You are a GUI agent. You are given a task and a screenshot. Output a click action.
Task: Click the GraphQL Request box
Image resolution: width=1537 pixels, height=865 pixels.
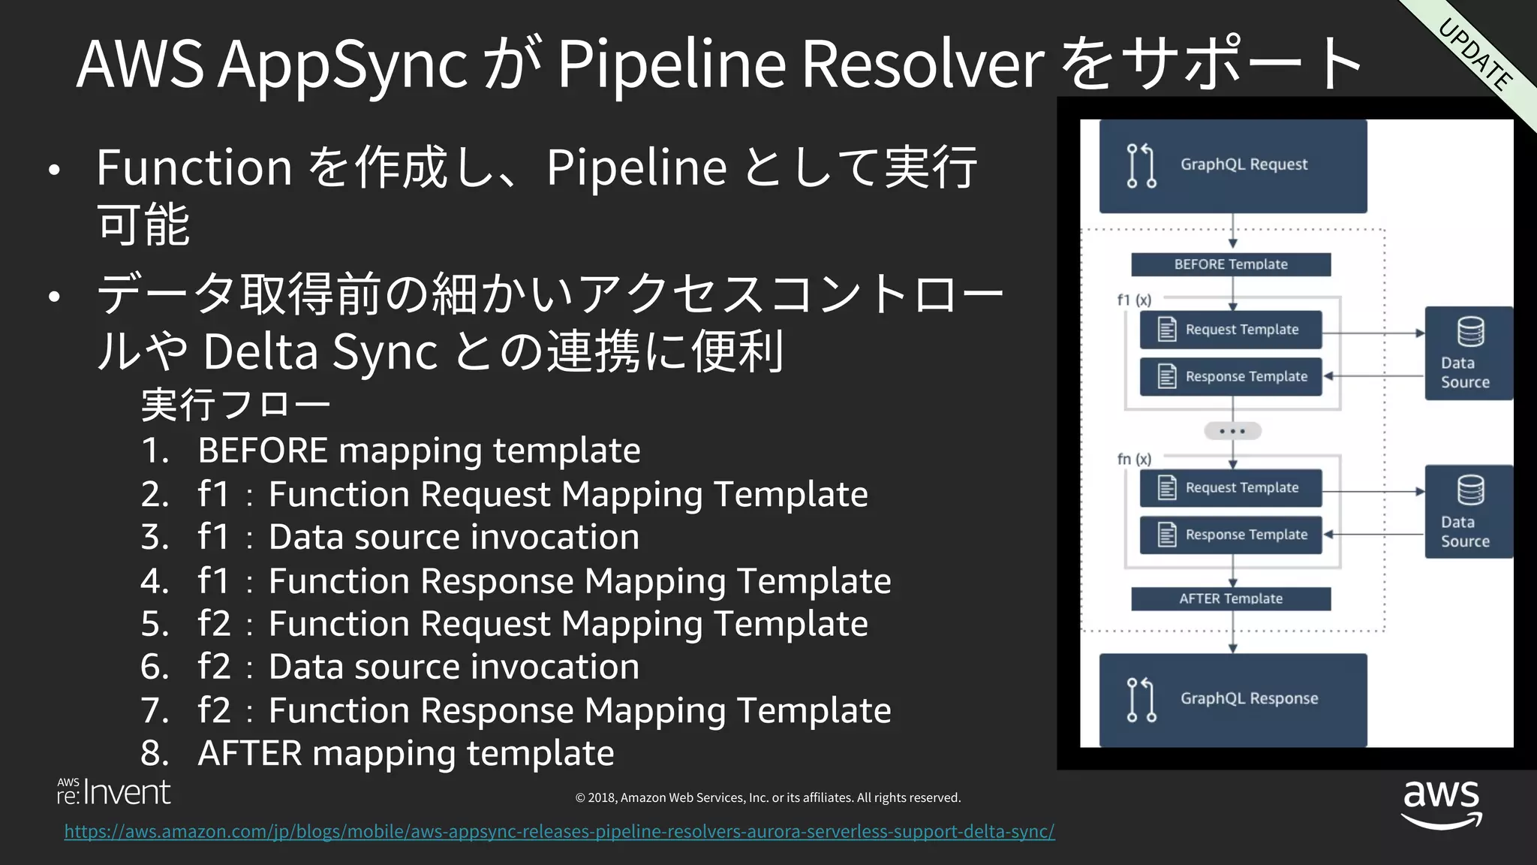point(1232,166)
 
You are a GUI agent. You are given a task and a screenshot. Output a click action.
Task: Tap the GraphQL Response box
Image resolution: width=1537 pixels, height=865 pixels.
point(1232,699)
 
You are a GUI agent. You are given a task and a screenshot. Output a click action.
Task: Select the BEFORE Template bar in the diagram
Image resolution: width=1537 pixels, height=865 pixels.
point(1231,264)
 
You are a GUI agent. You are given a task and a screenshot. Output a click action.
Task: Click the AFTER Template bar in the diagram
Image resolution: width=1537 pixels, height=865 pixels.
point(1231,598)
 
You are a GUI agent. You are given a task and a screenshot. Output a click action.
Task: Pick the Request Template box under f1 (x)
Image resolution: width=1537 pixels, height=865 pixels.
point(1231,330)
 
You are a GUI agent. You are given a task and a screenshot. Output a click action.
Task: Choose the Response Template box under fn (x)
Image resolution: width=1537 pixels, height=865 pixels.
point(1231,535)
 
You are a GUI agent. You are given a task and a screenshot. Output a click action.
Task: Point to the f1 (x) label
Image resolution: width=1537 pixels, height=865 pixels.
point(1134,300)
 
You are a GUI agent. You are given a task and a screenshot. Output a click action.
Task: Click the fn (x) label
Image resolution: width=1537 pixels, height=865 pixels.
point(1134,459)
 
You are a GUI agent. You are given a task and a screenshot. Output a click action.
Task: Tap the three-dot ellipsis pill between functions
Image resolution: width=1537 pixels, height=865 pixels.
point(1232,431)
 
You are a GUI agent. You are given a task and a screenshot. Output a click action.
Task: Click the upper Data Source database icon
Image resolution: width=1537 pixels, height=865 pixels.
point(1470,331)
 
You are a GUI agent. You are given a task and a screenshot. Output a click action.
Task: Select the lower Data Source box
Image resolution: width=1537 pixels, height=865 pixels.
point(1468,512)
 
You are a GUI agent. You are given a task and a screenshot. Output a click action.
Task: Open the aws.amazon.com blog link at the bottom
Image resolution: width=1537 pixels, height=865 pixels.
point(559,831)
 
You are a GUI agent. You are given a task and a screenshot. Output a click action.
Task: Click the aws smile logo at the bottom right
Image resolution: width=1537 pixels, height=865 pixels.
point(1441,803)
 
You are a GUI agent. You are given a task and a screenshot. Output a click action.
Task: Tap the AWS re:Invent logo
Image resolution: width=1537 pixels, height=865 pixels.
point(114,791)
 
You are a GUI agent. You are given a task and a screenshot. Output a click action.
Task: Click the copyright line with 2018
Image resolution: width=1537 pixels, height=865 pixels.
point(768,797)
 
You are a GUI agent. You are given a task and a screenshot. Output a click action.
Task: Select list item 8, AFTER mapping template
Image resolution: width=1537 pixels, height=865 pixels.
point(405,753)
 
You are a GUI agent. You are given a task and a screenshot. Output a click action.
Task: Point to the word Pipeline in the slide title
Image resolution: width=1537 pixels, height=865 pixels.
point(671,63)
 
